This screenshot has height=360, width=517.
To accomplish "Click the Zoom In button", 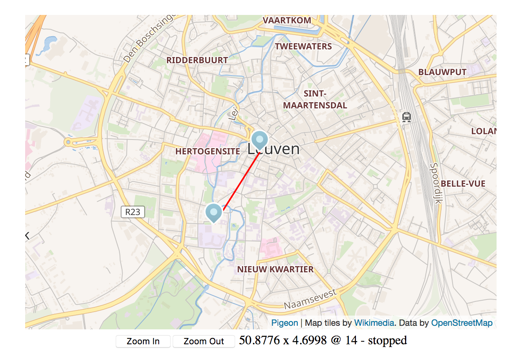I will [143, 341].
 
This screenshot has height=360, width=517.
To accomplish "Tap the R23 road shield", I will [133, 212].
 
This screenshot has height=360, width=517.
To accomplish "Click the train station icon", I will [406, 117].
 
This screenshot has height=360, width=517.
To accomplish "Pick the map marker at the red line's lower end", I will [214, 213].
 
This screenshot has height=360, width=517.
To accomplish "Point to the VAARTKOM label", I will [287, 20].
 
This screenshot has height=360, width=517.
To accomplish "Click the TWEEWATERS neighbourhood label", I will [303, 46].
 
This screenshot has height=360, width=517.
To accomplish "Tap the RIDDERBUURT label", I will [197, 60].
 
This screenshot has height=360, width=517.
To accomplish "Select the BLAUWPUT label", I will [442, 72].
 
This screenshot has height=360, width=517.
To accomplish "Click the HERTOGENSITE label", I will [207, 151].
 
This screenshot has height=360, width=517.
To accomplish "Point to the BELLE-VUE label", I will [463, 184].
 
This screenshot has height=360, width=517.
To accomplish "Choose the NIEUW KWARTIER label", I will [275, 269].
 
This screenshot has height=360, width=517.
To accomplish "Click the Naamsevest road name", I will [310, 299].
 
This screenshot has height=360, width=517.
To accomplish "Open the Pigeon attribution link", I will [284, 323].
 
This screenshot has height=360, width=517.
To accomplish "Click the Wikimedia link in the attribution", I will [374, 323].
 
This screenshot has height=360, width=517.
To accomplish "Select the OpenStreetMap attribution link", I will [462, 323].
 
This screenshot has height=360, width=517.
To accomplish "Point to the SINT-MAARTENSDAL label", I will [315, 99].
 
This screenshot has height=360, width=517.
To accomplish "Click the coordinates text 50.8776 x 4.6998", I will [282, 340].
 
